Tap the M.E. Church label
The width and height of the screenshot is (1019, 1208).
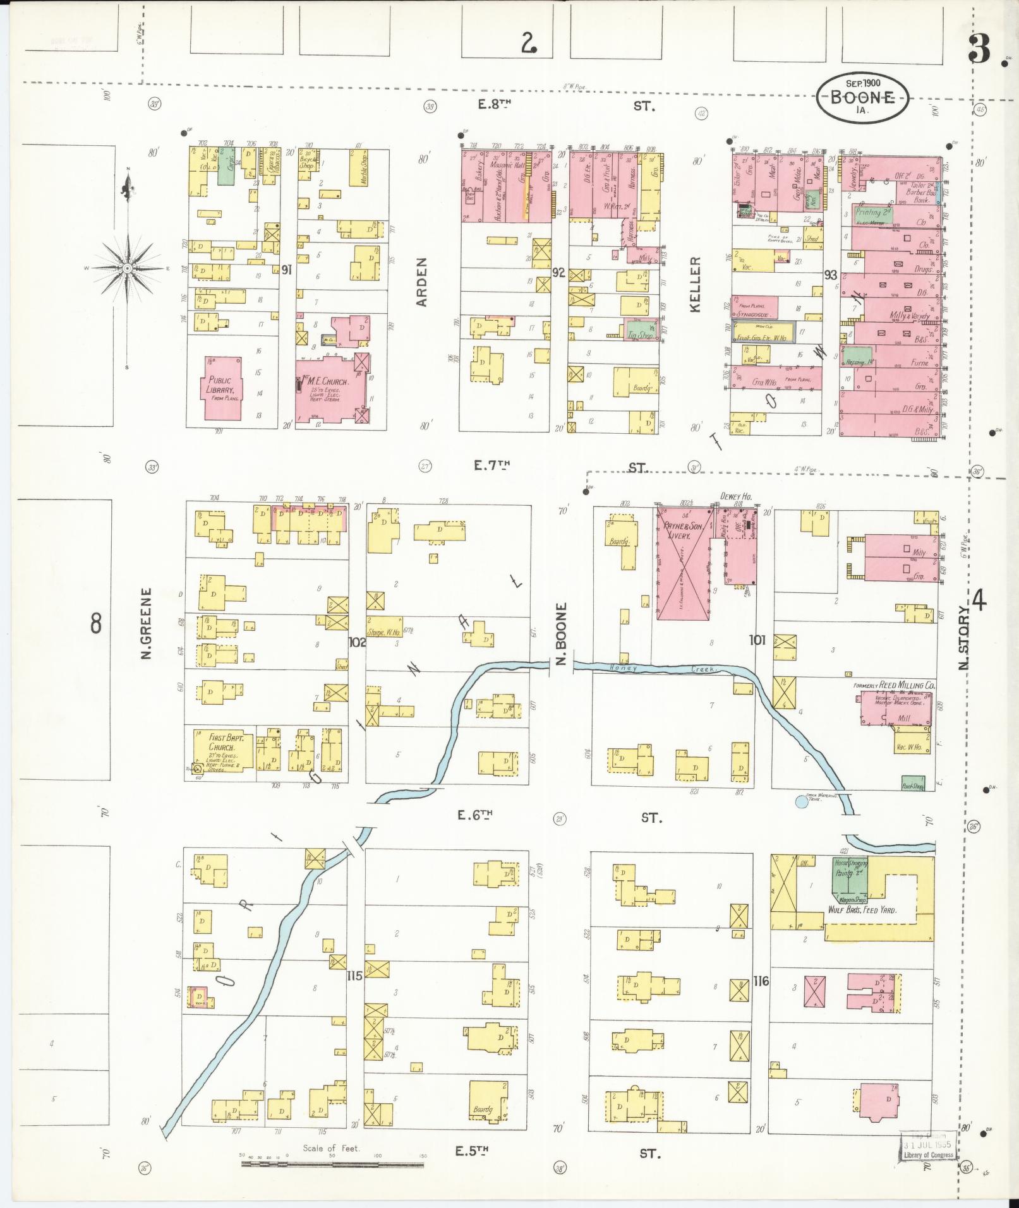(326, 383)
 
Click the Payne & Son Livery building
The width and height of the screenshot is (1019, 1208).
(682, 562)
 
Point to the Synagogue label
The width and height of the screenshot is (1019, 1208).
(754, 313)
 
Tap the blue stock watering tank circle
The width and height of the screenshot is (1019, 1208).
(801, 802)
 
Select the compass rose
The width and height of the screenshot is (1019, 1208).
(128, 268)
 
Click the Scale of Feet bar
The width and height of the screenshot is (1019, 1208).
(332, 1163)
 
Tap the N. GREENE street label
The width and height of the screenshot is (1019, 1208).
(147, 624)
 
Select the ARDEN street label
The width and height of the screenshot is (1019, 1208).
(422, 282)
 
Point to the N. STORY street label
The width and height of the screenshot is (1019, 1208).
(963, 638)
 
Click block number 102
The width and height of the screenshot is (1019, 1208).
(357, 642)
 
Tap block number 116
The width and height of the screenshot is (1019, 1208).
(761, 998)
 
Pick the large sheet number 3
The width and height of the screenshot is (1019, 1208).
(979, 49)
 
